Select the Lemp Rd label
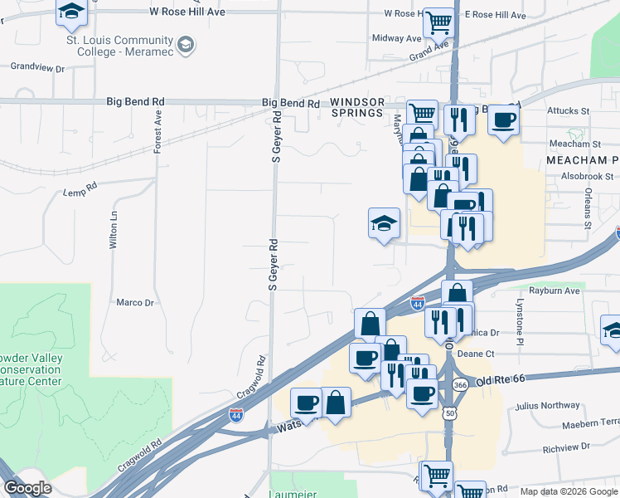point(80,193)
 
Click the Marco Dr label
point(135,303)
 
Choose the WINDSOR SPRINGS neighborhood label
point(357,107)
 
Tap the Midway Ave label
point(397,38)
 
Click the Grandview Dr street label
point(38,67)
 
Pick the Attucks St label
point(567,110)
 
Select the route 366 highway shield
point(461,385)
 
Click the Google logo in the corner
point(27,488)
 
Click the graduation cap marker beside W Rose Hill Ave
point(72,11)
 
